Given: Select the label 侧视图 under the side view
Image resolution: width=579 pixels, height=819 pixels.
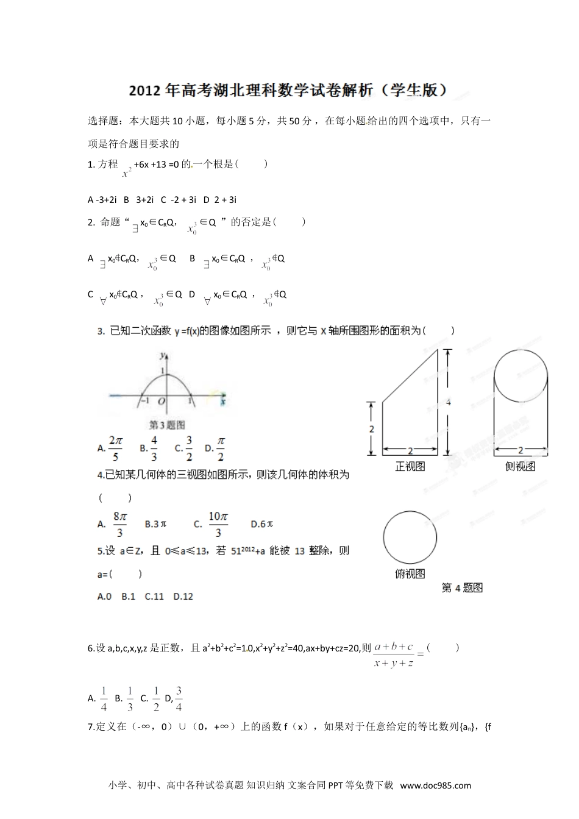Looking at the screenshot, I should tap(520, 466).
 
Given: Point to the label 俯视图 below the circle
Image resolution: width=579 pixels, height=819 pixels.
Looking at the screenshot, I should tap(410, 573).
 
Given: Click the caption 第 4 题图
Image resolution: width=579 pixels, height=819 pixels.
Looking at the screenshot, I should tap(462, 588).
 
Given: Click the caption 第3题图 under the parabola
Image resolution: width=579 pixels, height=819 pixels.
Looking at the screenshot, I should tap(167, 425).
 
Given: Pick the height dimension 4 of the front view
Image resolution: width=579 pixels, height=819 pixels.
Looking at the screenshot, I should tap(449, 402).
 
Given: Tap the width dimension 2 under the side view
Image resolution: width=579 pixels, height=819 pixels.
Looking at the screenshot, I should tap(520, 450).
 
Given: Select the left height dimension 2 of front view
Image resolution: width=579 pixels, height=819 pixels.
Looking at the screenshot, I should tap(372, 429).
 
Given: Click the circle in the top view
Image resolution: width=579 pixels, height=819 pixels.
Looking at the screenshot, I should tap(410, 537).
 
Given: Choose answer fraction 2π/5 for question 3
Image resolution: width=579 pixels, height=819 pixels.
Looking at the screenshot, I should tap(115, 448).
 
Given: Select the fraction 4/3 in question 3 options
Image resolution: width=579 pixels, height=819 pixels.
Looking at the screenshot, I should tap(154, 448).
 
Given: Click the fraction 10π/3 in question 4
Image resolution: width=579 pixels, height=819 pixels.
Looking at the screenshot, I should tap(218, 523).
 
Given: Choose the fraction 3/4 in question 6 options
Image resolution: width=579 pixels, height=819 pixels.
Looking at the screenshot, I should tap(179, 698).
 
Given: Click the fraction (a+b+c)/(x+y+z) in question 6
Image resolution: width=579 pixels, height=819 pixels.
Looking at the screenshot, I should tap(394, 654).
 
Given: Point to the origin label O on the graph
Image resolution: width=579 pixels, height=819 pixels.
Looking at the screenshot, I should tap(162, 401).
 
